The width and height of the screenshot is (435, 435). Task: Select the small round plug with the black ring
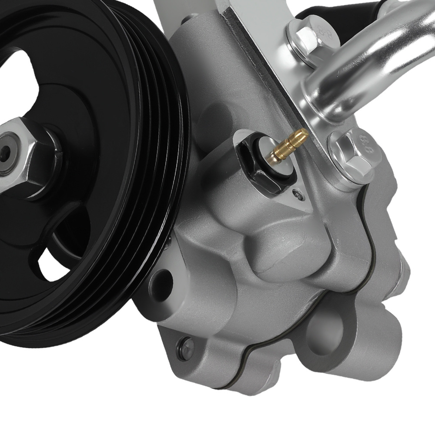186,347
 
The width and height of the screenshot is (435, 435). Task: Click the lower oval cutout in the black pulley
54,265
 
